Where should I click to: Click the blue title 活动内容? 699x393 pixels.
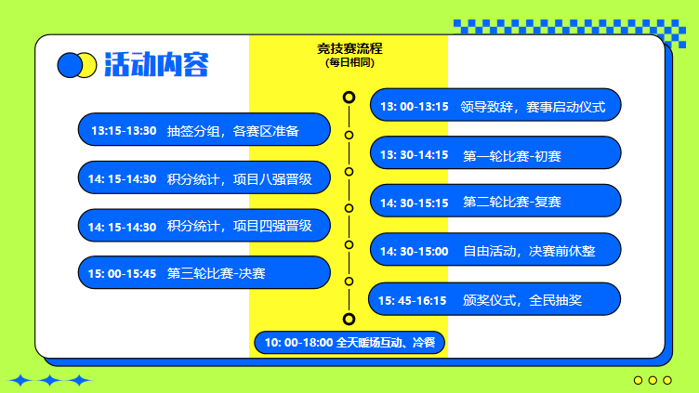(x=156, y=65)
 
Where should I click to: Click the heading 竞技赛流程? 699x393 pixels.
(x=349, y=48)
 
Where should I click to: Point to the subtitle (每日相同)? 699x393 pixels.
(x=349, y=62)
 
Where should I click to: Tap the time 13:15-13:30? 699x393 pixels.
(x=122, y=131)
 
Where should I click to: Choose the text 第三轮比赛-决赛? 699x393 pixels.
(x=217, y=273)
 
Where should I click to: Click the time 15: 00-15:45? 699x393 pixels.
(x=122, y=273)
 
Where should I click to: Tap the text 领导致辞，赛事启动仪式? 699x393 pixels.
(x=533, y=107)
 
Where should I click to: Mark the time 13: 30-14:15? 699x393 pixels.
(x=415, y=155)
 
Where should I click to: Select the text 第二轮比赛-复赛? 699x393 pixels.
(x=512, y=202)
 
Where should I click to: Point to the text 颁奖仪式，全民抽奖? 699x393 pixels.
(x=522, y=300)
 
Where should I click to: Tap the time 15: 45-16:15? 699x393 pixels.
(x=415, y=300)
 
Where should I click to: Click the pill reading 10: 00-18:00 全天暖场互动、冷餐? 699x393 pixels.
(x=349, y=343)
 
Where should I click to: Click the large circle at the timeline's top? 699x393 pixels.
(x=349, y=97)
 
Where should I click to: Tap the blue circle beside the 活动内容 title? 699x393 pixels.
(x=70, y=65)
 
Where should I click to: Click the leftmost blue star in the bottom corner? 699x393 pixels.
(x=20, y=380)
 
